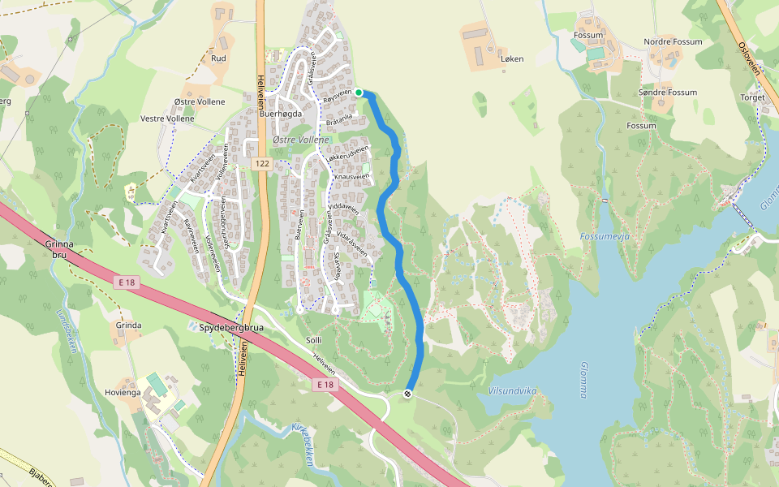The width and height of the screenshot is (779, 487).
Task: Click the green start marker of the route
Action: coord(359,93)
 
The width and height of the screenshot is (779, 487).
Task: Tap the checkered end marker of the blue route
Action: coord(408,394)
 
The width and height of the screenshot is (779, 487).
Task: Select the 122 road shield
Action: coord(261,164)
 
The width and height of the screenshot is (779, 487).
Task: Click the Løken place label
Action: coord(512,59)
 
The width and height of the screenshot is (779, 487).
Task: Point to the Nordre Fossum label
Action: coord(673,41)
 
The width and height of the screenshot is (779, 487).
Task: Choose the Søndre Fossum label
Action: coord(668,93)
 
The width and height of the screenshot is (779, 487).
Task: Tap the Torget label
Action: coord(752,97)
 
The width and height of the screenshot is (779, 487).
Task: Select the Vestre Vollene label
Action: coord(167,119)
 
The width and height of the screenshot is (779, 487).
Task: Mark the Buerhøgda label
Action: coord(280,114)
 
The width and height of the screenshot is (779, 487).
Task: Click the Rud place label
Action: coord(218,58)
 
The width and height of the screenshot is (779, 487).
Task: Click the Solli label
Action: coord(314,339)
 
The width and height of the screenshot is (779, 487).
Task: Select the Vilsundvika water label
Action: coord(513,390)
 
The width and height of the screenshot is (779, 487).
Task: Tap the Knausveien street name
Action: coord(351,176)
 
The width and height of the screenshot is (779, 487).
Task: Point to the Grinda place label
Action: coord(128,325)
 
